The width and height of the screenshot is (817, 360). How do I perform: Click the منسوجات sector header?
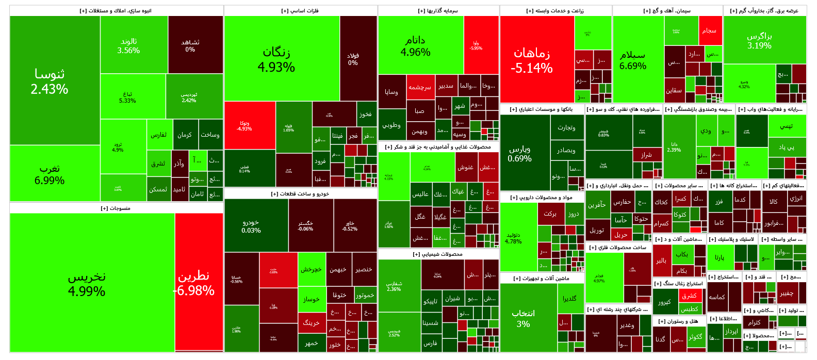[x=116, y=208]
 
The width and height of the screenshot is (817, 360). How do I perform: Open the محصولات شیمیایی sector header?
[x=438, y=254]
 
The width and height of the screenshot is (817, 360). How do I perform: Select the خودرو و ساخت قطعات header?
[x=300, y=194]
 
